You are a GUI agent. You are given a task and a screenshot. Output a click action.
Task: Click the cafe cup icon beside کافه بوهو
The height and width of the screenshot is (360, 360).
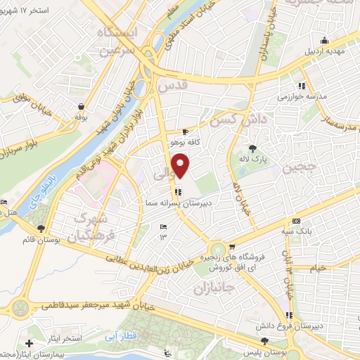point(185,131)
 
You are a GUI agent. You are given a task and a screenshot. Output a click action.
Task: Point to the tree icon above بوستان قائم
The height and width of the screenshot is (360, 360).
point(41,228)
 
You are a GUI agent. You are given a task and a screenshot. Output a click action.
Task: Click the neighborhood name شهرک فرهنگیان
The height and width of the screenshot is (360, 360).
point(108,228)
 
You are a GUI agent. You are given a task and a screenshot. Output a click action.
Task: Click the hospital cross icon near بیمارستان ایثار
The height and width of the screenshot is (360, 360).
point(29,344)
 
